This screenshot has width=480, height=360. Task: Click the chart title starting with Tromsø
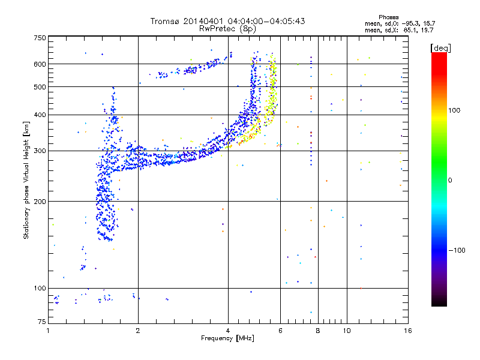[227, 21]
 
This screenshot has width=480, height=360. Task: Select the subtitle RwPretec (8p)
[227, 28]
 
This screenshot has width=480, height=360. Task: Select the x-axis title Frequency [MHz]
[227, 339]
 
